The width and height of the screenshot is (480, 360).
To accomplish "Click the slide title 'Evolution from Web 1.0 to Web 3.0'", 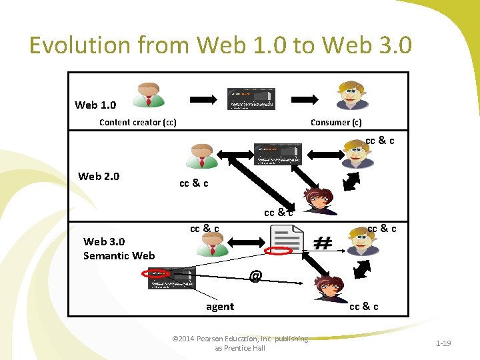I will [221, 46].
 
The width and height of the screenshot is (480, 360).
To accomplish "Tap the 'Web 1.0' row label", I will [95, 105].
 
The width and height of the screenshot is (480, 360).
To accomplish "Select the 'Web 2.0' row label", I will [99, 176].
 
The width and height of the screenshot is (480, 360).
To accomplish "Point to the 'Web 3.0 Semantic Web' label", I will [119, 248].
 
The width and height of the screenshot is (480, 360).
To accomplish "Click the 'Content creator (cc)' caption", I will [137, 122].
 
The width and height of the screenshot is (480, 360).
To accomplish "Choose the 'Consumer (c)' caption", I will [336, 122].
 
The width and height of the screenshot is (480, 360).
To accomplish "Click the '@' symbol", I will [255, 275].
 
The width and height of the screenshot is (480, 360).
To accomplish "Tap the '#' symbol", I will [323, 243].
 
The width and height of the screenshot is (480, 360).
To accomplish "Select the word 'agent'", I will [220, 307].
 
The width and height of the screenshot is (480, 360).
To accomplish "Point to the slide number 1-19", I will [443, 343].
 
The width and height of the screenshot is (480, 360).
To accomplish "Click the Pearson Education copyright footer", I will [240, 343].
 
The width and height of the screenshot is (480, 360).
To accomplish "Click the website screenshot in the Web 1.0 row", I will [251, 98].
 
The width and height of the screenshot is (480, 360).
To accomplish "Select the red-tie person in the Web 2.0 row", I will [202, 156].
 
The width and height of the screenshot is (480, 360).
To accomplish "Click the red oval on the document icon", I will [279, 251].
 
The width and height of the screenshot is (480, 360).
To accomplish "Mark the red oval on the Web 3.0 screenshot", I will [157, 273].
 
